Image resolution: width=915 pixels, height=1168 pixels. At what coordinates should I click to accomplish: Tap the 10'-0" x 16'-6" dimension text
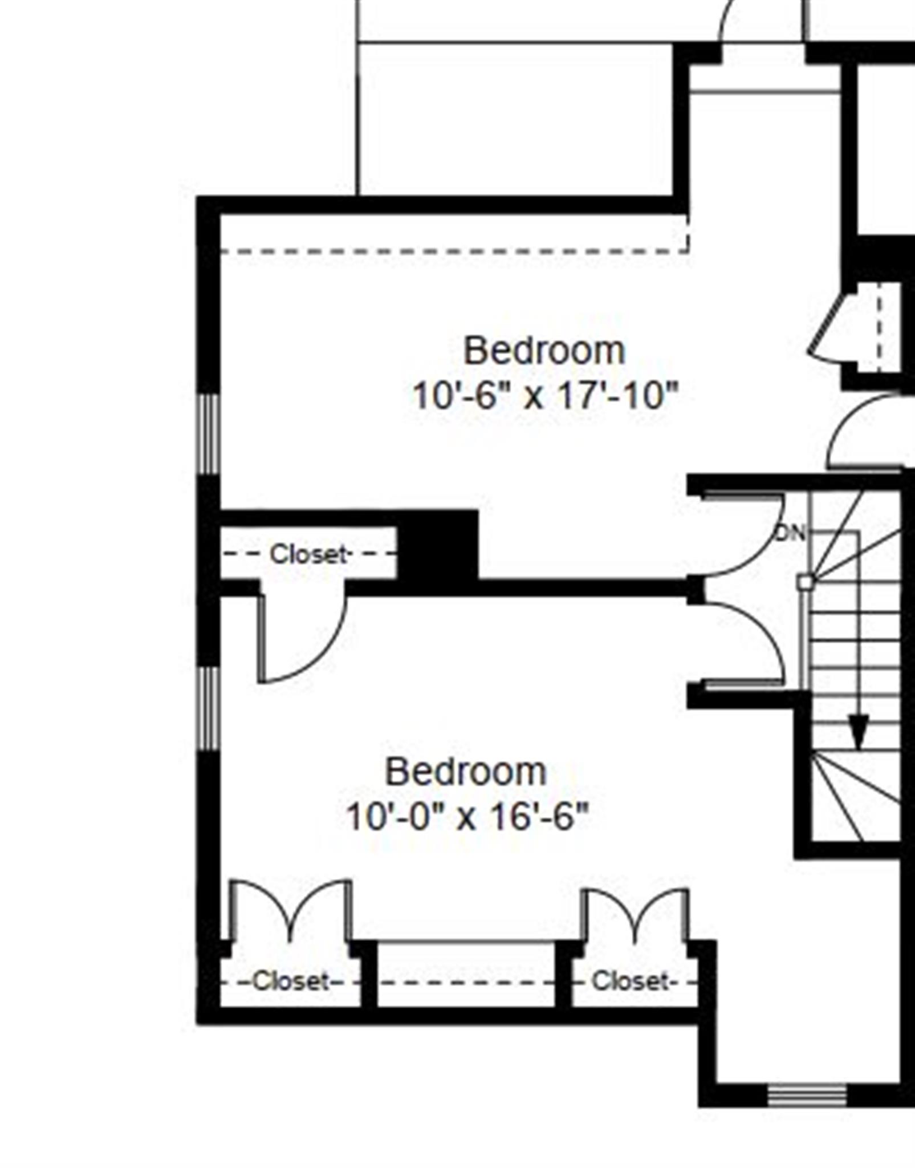click(466, 817)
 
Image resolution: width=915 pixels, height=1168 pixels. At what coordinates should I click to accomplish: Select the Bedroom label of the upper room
click(544, 351)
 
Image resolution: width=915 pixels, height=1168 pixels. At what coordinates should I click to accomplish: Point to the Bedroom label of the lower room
click(466, 772)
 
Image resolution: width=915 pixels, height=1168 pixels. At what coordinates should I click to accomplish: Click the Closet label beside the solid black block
click(308, 554)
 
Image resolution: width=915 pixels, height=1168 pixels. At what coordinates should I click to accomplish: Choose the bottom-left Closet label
click(291, 982)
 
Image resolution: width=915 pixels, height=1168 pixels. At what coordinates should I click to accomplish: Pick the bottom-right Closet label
click(629, 982)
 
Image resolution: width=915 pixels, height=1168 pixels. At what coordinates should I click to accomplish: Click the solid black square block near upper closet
click(438, 545)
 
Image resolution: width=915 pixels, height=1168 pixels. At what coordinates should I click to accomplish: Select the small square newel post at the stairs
click(805, 582)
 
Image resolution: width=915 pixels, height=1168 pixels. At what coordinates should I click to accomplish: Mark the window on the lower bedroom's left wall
click(209, 708)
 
